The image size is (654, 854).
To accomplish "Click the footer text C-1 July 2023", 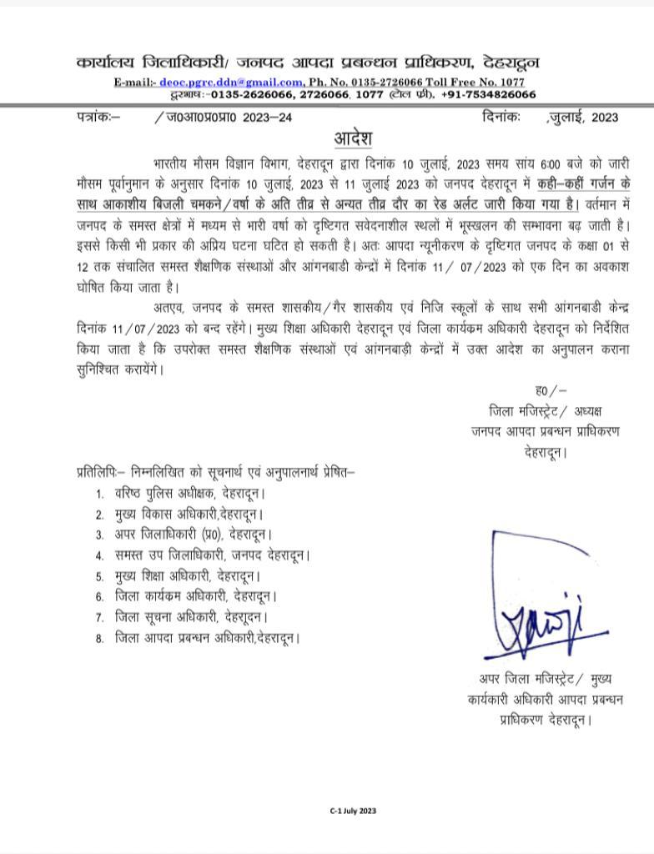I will [353, 810].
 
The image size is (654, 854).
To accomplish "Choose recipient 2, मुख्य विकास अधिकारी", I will [190, 514].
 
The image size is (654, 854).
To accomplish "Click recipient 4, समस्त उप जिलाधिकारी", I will [213, 555].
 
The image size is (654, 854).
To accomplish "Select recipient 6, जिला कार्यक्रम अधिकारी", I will [196, 596].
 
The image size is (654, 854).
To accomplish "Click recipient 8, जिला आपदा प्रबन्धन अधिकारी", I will [207, 638].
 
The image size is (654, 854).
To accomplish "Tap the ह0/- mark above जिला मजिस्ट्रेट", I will [551, 390].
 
